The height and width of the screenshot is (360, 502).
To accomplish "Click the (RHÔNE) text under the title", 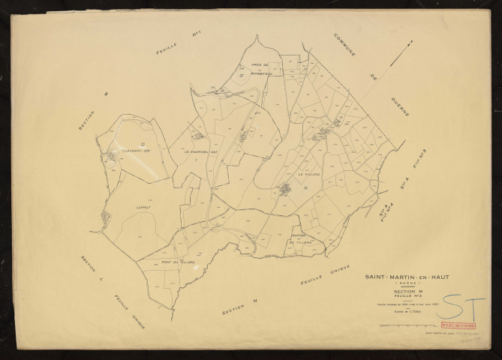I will coord(398,284).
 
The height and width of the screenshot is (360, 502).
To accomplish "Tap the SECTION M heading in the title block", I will coord(399,292).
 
